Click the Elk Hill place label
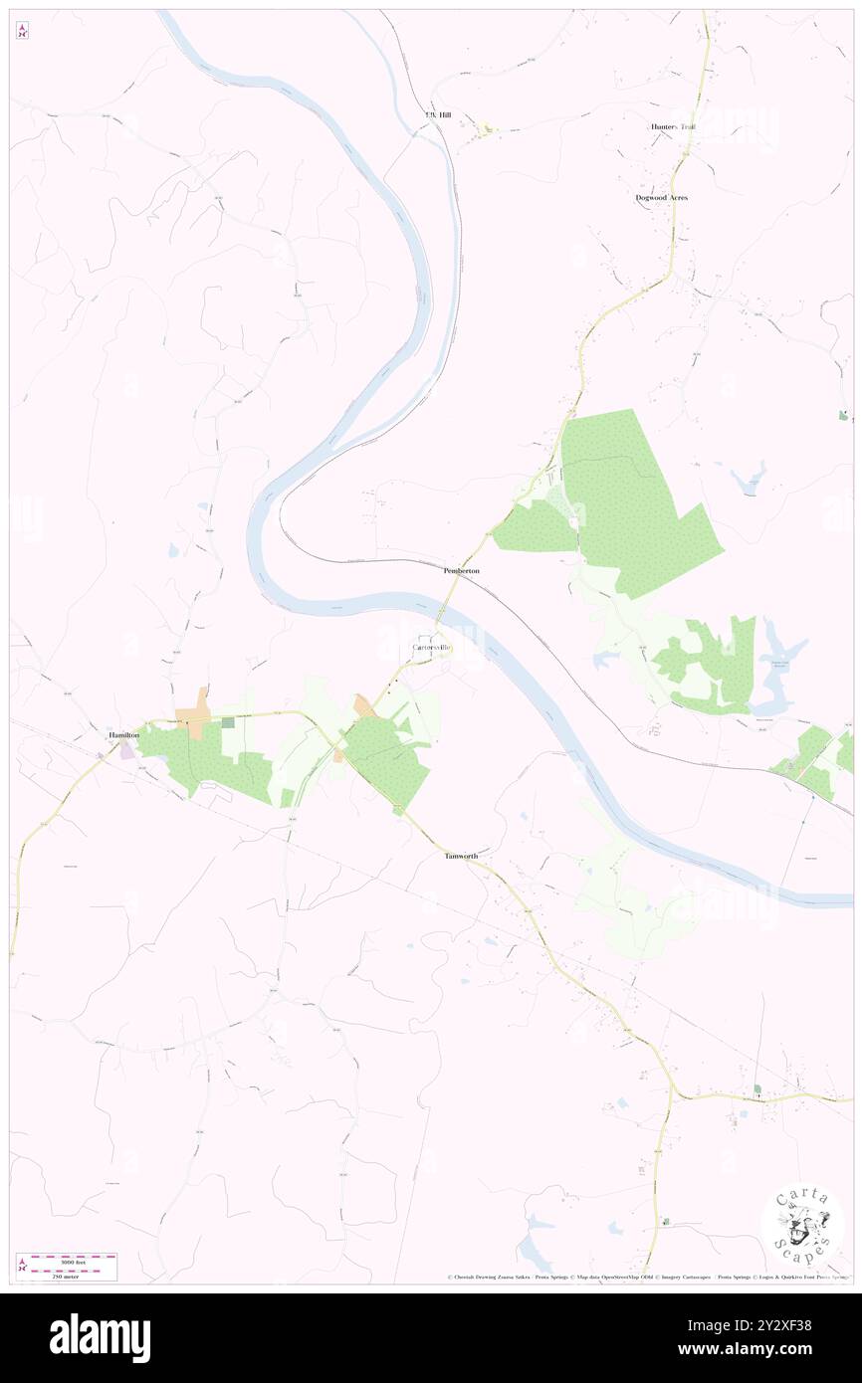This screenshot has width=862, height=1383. (x=438, y=115)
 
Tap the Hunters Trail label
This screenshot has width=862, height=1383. (x=674, y=127)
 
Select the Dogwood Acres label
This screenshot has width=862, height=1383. (x=662, y=198)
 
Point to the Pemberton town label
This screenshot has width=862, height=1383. (x=462, y=571)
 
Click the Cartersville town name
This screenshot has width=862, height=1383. (x=432, y=648)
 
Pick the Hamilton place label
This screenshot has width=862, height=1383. (x=123, y=734)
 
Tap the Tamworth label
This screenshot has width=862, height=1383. (x=461, y=856)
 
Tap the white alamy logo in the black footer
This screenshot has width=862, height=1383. (x=100, y=1337)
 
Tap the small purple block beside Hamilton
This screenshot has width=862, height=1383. (x=127, y=751)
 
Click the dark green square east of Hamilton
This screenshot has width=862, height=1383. (x=228, y=722)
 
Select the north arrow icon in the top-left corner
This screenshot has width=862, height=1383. (x=22, y=31)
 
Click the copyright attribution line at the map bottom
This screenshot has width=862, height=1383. (x=647, y=1278)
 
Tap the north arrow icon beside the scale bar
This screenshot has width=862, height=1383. (x=22, y=1267)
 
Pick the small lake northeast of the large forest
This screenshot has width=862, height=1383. (x=749, y=479)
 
